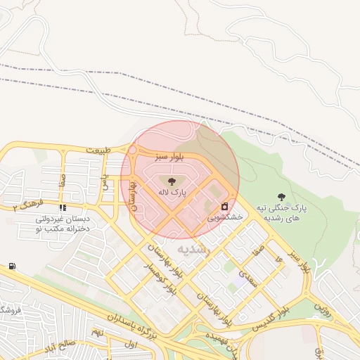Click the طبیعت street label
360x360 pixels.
[x=99, y=150]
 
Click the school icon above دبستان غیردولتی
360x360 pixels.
[x=63, y=208]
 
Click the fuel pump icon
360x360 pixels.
[x=13, y=266]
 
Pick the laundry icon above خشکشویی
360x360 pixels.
[x=224, y=207]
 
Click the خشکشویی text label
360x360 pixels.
[x=224, y=219]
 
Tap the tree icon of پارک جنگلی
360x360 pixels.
[x=282, y=198]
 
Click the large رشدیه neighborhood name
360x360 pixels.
[x=193, y=250]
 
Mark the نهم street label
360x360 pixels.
[x=98, y=330]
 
